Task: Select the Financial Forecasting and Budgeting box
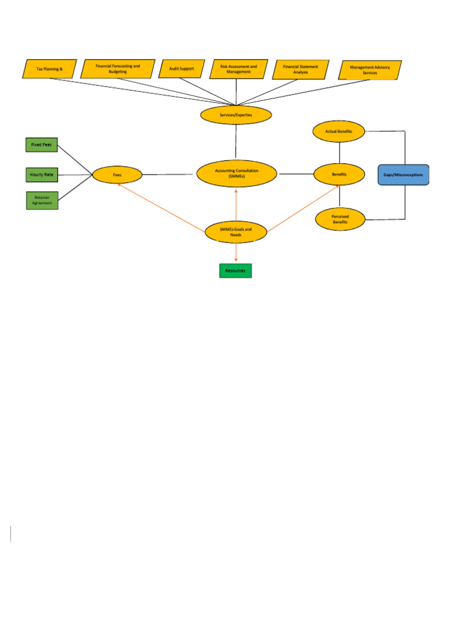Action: tap(118, 68)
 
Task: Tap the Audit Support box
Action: tap(181, 69)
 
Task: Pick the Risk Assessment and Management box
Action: tap(239, 69)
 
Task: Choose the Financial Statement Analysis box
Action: tap(300, 70)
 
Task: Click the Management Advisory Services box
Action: tap(370, 70)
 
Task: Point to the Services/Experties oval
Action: tap(236, 114)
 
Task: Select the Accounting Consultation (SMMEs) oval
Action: tap(236, 173)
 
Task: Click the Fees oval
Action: tap(117, 175)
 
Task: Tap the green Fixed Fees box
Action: tap(42, 145)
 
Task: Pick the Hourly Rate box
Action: tap(42, 175)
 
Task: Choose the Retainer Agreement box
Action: tap(42, 200)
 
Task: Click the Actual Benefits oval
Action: tap(339, 131)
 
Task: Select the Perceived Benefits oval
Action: tap(340, 219)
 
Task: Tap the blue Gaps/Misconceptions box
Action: tap(403, 175)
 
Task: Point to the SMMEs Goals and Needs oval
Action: tap(236, 232)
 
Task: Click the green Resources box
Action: tap(235, 271)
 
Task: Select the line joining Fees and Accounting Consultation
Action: tap(169, 175)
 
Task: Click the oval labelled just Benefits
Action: tap(339, 174)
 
